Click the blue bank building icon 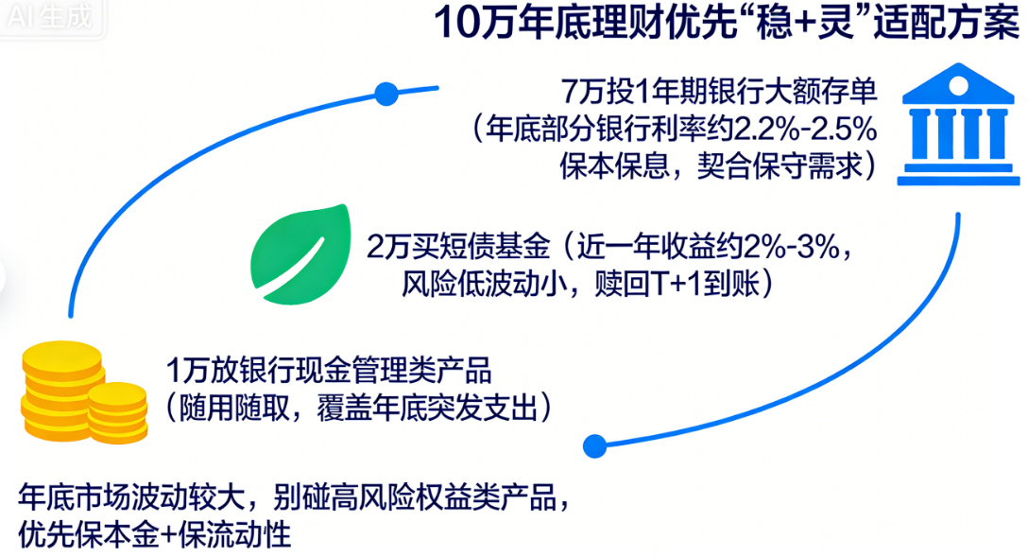958,124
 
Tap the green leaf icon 300,253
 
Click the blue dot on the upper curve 386,94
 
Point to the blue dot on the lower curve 594,446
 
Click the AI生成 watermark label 51,17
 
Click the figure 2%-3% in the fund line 792,248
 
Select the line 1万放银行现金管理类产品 329,371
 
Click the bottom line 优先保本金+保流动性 155,534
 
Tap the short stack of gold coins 118,412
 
